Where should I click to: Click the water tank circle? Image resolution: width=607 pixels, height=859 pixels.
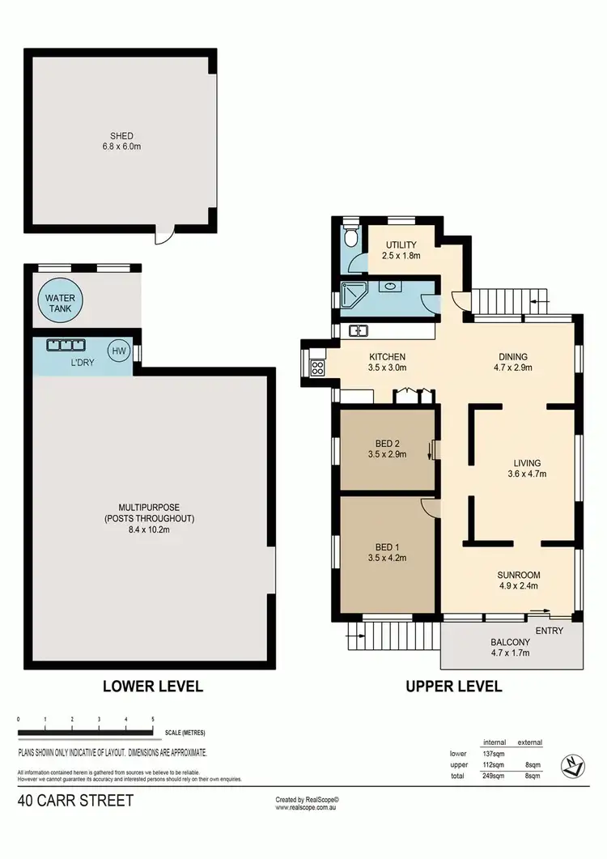pos(60,303)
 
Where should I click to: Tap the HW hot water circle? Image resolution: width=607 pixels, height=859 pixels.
pos(119,351)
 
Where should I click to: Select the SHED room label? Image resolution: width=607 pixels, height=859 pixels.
pos(122,136)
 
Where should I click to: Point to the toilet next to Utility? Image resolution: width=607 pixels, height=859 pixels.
pos(349,237)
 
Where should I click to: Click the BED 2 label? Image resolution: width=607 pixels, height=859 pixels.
pos(386,442)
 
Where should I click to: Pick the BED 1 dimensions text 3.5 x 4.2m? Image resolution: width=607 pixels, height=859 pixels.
pos(386,558)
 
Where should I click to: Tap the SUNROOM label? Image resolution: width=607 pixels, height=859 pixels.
pos(518,574)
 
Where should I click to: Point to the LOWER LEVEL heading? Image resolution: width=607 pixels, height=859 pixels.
pos(152,687)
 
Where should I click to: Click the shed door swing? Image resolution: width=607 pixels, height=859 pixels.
pos(164,236)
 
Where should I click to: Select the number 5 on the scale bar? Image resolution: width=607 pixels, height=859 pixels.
pos(153,719)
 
